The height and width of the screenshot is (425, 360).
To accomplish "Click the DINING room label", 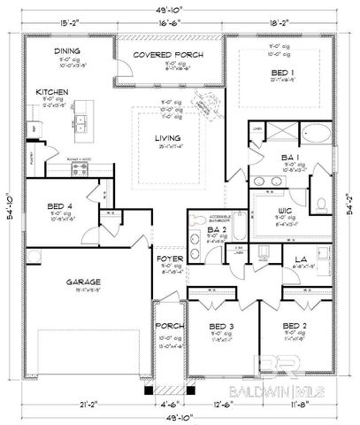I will [67, 52].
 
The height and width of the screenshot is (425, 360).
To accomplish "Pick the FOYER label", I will [169, 259].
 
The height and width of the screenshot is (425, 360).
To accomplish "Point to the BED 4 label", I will [57, 208].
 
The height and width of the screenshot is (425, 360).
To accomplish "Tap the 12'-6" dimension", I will [224, 405].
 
